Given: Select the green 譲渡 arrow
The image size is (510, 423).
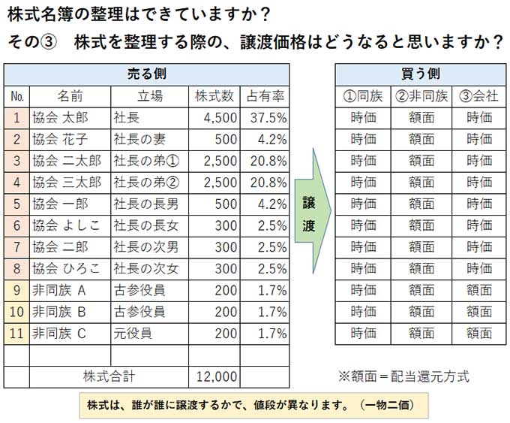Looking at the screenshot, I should pos(309,214).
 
